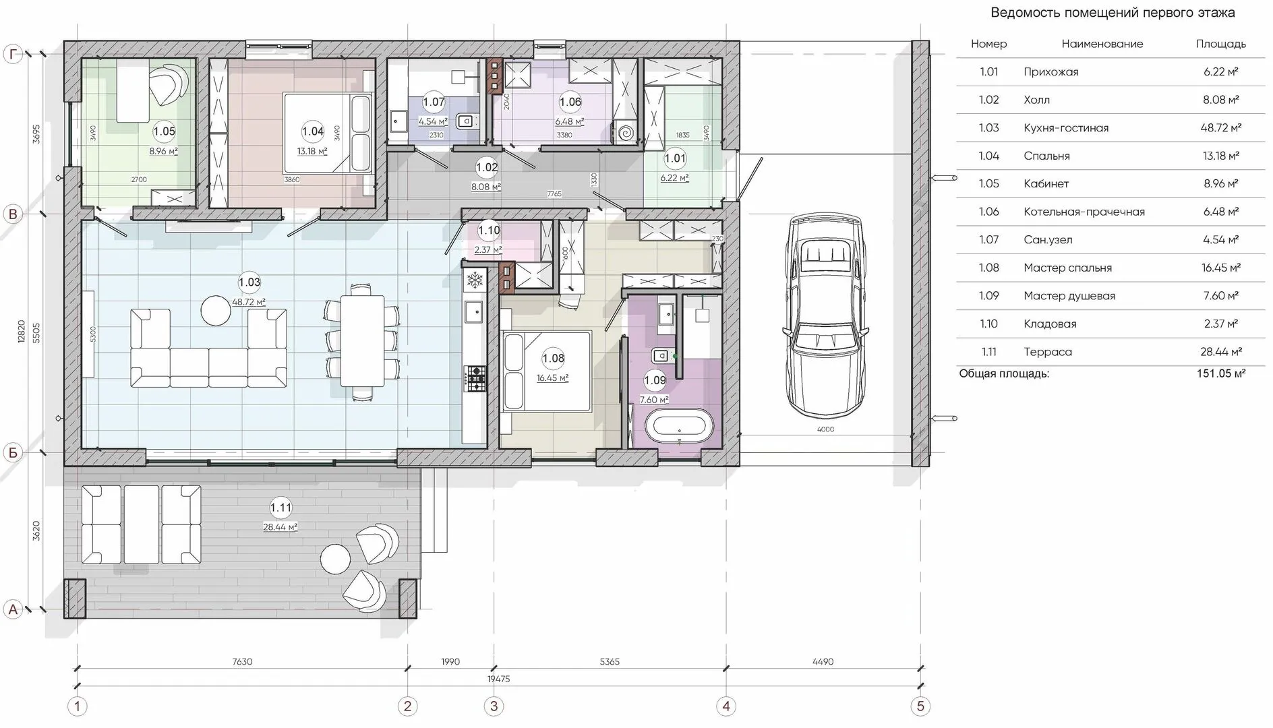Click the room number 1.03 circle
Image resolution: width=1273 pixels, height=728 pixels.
point(249,282)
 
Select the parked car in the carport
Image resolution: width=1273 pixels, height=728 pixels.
point(825,315)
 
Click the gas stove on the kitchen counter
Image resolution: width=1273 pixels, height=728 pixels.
point(476,378)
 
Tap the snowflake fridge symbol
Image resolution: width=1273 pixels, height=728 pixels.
point(475,280)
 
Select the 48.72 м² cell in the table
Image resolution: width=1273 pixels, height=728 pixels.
point(1221,128)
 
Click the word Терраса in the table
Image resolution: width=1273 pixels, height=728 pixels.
point(1047,352)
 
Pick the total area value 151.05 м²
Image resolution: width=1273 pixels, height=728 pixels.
point(1221,373)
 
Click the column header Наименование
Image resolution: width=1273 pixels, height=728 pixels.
point(1102,44)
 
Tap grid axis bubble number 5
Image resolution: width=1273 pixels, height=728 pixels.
point(920,706)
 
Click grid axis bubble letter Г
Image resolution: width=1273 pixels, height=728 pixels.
point(13,55)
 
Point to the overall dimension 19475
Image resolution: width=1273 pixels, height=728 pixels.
point(498,679)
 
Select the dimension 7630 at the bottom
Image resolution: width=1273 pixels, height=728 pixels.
point(242,662)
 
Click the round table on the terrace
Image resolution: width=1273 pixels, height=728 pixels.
point(335,559)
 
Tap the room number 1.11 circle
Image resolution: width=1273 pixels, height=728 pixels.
point(280,508)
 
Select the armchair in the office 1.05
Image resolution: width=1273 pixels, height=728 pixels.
point(167,83)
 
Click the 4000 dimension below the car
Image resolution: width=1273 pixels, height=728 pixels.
point(825,429)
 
